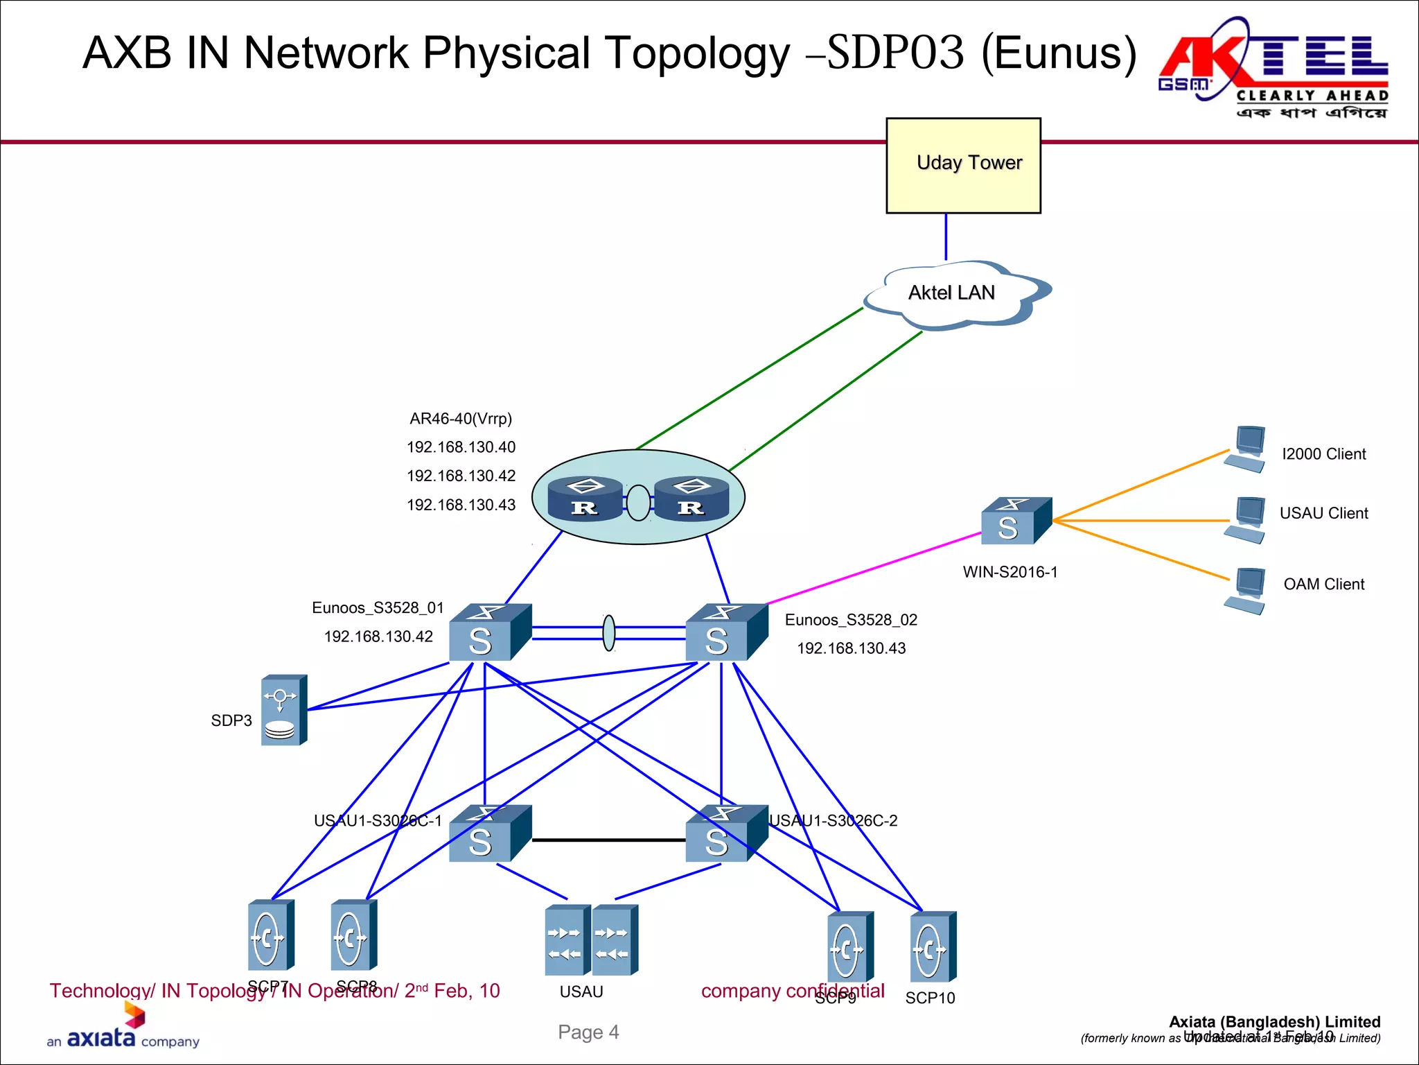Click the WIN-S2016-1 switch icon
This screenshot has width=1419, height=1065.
point(1016,521)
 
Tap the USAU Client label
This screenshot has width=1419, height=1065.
point(1323,513)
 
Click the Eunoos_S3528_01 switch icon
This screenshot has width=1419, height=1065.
point(488,633)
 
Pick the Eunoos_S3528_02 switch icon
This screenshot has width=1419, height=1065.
point(725,633)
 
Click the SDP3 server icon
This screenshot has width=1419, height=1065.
point(283,710)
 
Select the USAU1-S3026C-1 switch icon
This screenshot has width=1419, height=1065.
point(488,834)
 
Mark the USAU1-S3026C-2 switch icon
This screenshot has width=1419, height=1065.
point(725,834)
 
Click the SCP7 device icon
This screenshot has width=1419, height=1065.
point(270,935)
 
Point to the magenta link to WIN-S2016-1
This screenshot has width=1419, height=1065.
point(873,569)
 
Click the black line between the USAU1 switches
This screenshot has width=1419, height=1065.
point(608,840)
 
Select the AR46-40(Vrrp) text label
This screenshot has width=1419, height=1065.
point(461,419)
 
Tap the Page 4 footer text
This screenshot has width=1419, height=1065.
point(588,1032)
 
